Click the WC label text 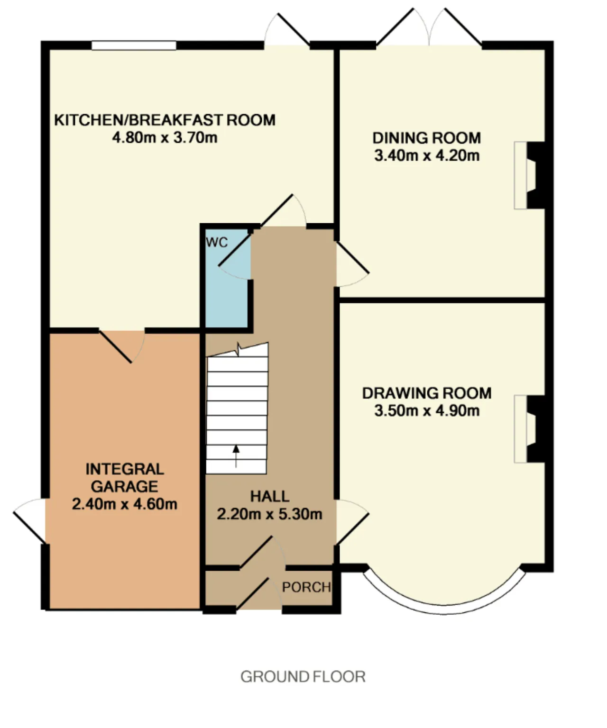coord(217,242)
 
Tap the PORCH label coord(306,587)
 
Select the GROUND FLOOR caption coord(303,677)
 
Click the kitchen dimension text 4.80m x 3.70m coord(165,137)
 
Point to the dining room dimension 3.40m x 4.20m coord(427,155)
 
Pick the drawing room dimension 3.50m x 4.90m coord(427,411)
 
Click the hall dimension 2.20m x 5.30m coord(269,514)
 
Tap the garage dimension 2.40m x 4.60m coord(125,504)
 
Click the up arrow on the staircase coord(236,456)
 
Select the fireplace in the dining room coord(529,175)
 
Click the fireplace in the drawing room coord(529,429)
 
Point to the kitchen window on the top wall coord(134,45)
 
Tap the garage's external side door coord(30,521)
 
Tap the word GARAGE coord(125,486)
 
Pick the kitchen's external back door coord(287,30)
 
